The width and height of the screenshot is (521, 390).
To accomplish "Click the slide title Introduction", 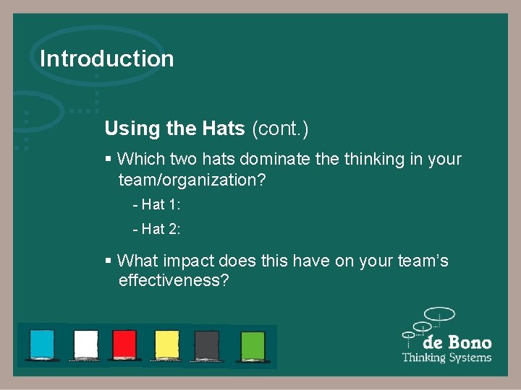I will [x=106, y=58].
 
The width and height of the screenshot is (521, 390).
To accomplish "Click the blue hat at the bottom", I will [x=42, y=344].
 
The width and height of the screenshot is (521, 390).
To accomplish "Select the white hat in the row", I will [x=86, y=344].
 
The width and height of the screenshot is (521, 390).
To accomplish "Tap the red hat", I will [x=124, y=344].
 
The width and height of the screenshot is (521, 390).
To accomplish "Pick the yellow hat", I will [x=167, y=344].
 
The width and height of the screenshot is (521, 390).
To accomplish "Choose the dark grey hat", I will [x=207, y=344].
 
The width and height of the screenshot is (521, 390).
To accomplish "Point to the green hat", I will [x=253, y=344].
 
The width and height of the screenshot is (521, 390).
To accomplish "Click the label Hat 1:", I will [x=156, y=204].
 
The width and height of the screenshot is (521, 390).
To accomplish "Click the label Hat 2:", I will [x=156, y=229].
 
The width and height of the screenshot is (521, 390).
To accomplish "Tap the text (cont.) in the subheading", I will [x=280, y=129].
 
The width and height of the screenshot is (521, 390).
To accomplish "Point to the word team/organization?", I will [x=192, y=180].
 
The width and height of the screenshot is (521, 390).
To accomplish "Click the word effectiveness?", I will [x=174, y=280].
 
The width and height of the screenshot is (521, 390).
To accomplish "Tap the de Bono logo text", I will [x=457, y=342].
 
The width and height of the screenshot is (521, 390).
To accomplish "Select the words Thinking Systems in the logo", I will [x=446, y=357].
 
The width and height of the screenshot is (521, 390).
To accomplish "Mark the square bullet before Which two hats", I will [x=108, y=159].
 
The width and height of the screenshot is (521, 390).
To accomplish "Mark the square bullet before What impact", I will [x=108, y=260].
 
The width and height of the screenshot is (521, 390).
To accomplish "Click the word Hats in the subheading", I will [x=224, y=129].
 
